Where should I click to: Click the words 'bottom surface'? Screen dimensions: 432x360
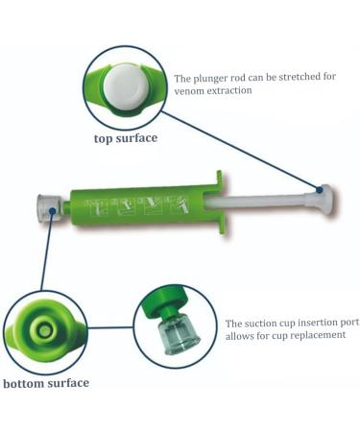45,383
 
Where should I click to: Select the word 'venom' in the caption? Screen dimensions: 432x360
191,91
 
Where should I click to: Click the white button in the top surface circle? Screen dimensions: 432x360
128,87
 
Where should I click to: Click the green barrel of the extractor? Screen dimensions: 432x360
144,204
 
